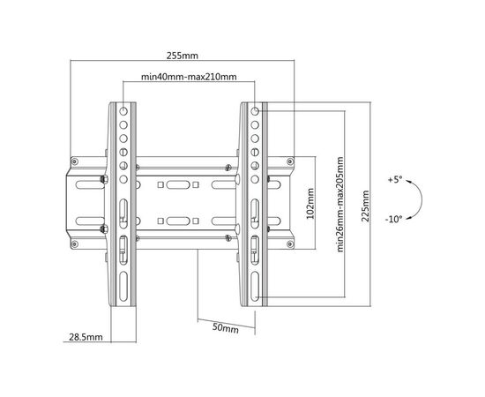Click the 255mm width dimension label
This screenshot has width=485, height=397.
(183, 56)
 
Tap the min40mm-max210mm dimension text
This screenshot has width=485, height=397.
(189, 77)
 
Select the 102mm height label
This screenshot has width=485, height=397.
(310, 203)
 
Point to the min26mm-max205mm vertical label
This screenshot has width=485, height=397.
(339, 205)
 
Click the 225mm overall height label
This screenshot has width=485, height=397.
(365, 206)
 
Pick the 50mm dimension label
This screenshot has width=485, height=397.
(226, 327)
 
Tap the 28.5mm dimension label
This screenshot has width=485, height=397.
(86, 337)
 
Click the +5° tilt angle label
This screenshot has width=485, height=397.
(395, 179)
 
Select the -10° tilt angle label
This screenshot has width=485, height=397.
(394, 220)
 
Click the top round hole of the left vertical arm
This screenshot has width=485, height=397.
(123, 110)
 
